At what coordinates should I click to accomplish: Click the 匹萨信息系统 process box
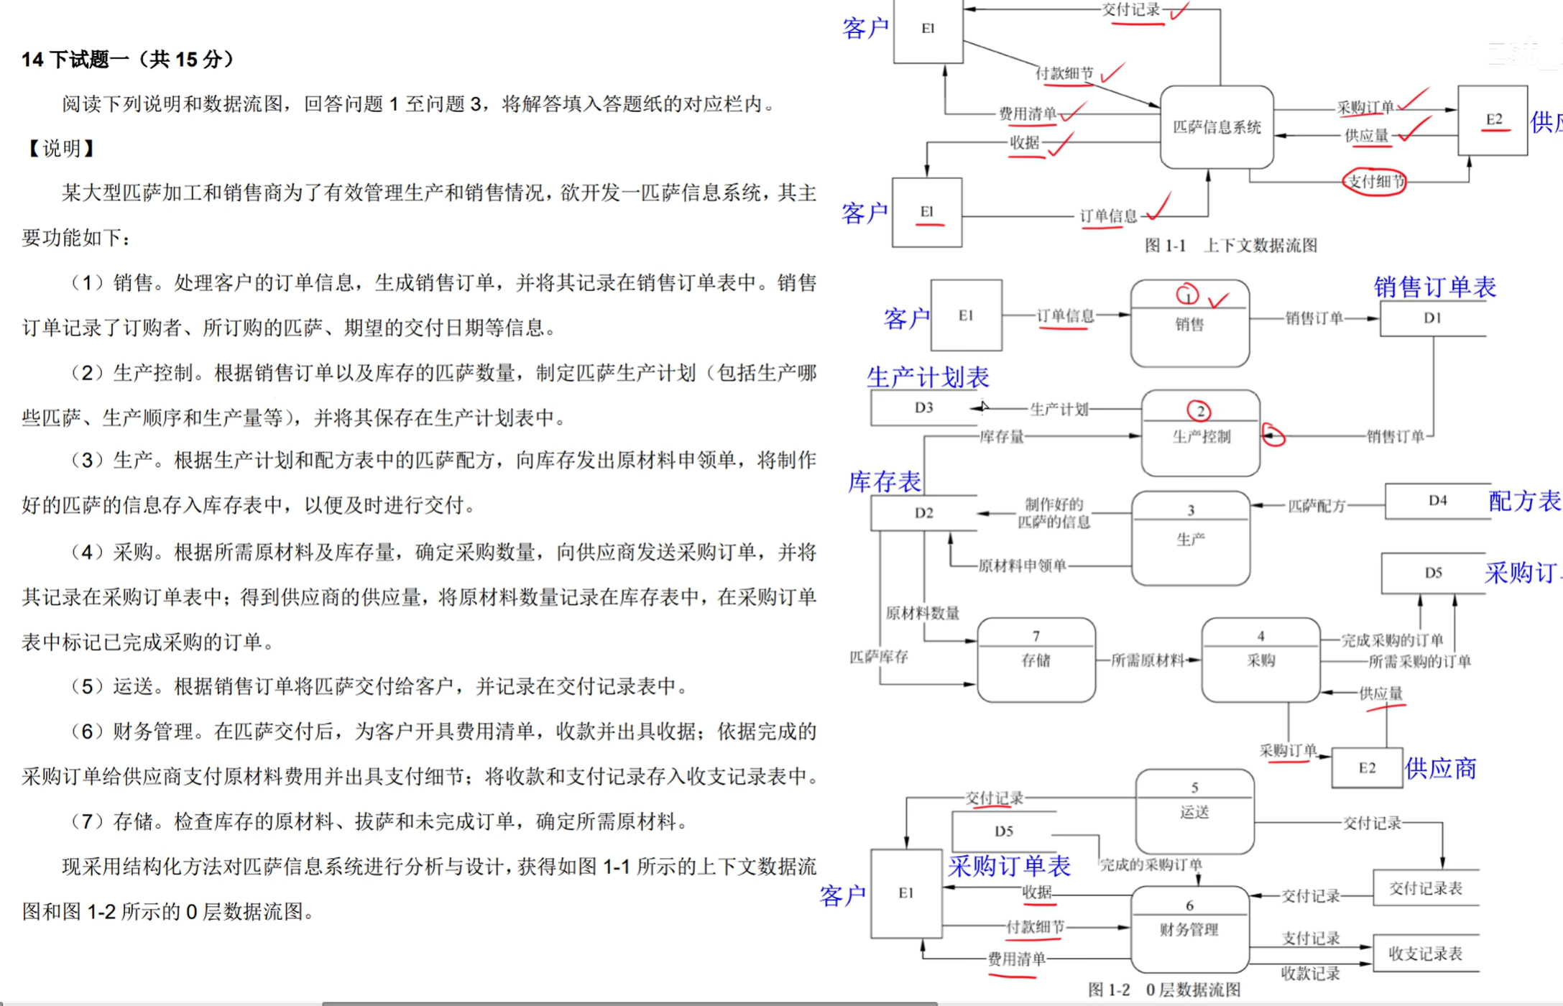pyautogui.click(x=1217, y=127)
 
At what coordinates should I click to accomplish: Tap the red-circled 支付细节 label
pyautogui.click(x=1375, y=182)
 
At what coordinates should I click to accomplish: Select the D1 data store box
pyautogui.click(x=1432, y=318)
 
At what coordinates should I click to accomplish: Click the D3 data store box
pyautogui.click(x=924, y=408)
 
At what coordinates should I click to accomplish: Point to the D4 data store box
pyautogui.click(x=1437, y=501)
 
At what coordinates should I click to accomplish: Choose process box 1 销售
pyautogui.click(x=1189, y=324)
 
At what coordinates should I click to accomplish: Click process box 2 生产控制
pyautogui.click(x=1200, y=434)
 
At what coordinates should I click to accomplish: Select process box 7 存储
pyautogui.click(x=1036, y=660)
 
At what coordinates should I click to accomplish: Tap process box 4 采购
pyautogui.click(x=1260, y=660)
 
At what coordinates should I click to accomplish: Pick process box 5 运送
pyautogui.click(x=1194, y=811)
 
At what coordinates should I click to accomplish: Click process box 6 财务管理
pyautogui.click(x=1189, y=928)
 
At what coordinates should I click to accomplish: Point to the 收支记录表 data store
pyautogui.click(x=1426, y=954)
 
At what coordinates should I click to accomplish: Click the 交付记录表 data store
pyautogui.click(x=1426, y=889)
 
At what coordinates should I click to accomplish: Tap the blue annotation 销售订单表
pyautogui.click(x=1434, y=287)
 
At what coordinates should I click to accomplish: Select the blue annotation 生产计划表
pyautogui.click(x=928, y=377)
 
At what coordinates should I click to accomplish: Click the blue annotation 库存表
pyautogui.click(x=885, y=481)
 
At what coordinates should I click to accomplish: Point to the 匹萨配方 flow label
pyautogui.click(x=1317, y=506)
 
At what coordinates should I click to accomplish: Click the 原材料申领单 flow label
pyautogui.click(x=1022, y=566)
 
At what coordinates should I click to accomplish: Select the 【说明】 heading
pyautogui.click(x=61, y=149)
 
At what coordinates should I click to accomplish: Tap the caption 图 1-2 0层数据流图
pyautogui.click(x=1164, y=989)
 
